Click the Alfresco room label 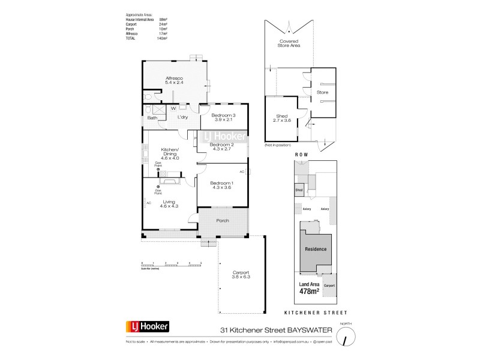[x=174, y=81]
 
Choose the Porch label [x=223, y=221]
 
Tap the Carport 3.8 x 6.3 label [x=241, y=275]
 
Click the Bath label [x=152, y=118]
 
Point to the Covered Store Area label [x=289, y=43]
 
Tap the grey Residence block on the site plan [x=315, y=248]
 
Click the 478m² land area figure [x=307, y=292]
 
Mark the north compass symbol [x=346, y=338]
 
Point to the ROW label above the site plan [x=301, y=155]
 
